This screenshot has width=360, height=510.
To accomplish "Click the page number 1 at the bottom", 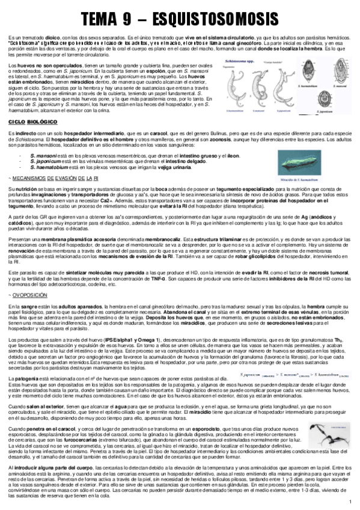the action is point(350,502).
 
